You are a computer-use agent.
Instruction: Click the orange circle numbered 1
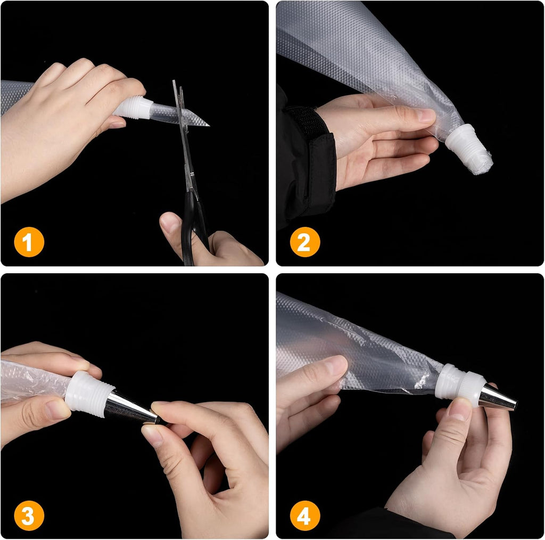[x=29, y=242]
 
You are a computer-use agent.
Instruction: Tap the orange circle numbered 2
[x=305, y=242]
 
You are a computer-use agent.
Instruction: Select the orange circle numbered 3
[x=29, y=516]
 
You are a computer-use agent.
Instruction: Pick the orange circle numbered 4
[x=305, y=516]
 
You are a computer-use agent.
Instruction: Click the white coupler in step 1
[x=134, y=108]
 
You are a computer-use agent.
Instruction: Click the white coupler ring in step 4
[x=460, y=384]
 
